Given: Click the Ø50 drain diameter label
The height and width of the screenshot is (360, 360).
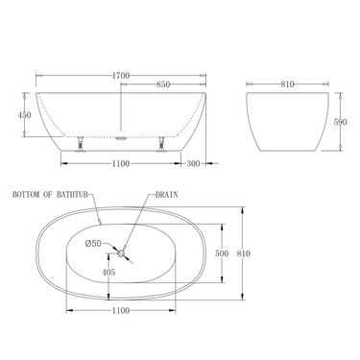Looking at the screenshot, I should [x=93, y=243].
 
